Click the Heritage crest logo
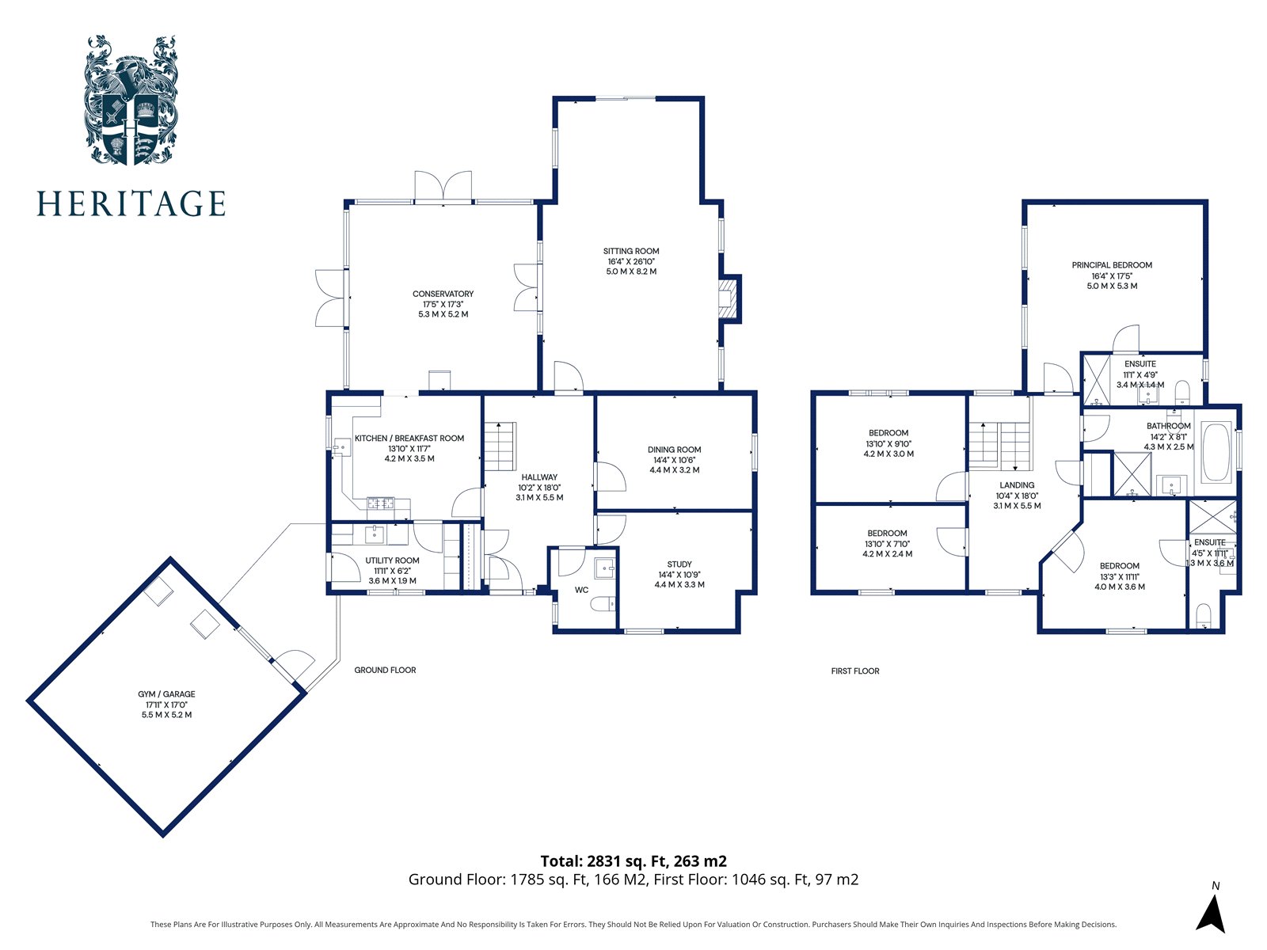131,100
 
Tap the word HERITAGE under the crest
131,203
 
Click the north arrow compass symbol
1211,913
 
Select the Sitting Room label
631,251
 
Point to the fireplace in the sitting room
726,298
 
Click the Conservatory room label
443,294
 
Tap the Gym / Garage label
166,694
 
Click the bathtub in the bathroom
1216,454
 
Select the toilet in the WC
603,605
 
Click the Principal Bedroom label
1112,265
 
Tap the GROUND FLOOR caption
385,670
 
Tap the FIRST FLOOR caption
855,671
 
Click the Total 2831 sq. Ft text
633,861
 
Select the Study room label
679,564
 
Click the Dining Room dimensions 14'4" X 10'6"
674,460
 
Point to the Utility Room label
392,560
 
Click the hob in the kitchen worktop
380,502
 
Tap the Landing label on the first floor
1017,485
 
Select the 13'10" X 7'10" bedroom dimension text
887,544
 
